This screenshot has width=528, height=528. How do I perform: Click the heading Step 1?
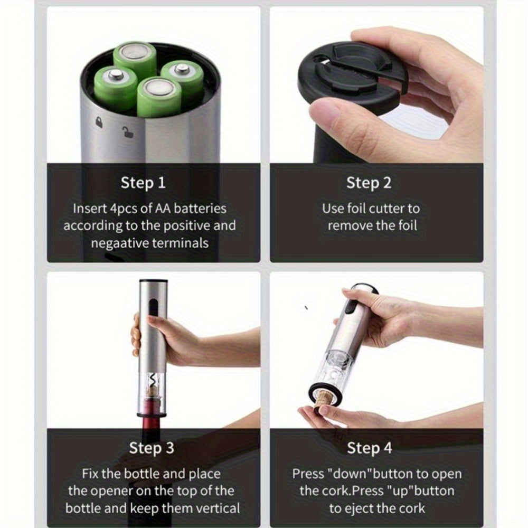click(143, 183)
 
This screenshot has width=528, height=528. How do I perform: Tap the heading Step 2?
click(369, 183)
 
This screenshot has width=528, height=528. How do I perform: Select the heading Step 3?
click(152, 448)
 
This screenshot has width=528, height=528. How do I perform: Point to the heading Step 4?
click(370, 448)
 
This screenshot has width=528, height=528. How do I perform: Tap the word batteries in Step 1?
click(200, 209)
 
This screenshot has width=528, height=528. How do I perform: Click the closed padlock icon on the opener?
click(99, 122)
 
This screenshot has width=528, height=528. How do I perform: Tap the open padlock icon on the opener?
click(128, 132)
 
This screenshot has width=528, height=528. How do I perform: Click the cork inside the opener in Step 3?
click(153, 392)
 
